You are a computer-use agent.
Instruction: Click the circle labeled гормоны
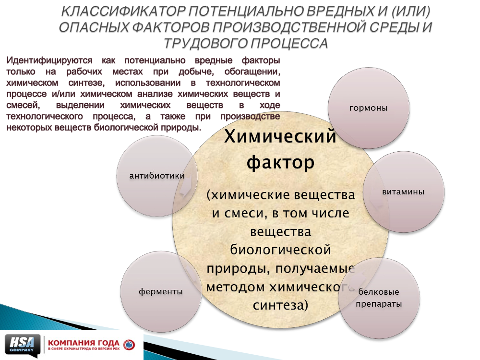(x=369, y=108)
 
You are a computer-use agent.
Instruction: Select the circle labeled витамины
(x=404, y=192)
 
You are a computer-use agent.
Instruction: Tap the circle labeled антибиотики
(x=157, y=176)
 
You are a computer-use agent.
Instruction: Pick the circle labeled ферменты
(x=161, y=291)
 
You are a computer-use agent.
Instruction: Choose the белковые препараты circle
(x=379, y=298)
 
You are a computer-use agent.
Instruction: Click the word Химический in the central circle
(x=280, y=136)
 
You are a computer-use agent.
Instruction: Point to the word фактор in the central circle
(x=280, y=163)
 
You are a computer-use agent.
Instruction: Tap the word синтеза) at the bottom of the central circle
(x=280, y=305)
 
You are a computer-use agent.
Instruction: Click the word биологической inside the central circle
(x=280, y=250)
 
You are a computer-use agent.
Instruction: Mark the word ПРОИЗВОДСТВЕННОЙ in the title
(x=289, y=27)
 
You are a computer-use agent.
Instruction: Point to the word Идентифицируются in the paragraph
(x=49, y=60)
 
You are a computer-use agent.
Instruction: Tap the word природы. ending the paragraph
(x=181, y=128)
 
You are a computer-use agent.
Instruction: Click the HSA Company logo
(x=23, y=345)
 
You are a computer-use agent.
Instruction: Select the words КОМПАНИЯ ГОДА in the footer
(x=84, y=343)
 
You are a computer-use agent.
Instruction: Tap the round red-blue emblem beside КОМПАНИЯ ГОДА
(x=129, y=345)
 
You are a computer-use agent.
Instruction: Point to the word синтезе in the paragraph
(x=86, y=83)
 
